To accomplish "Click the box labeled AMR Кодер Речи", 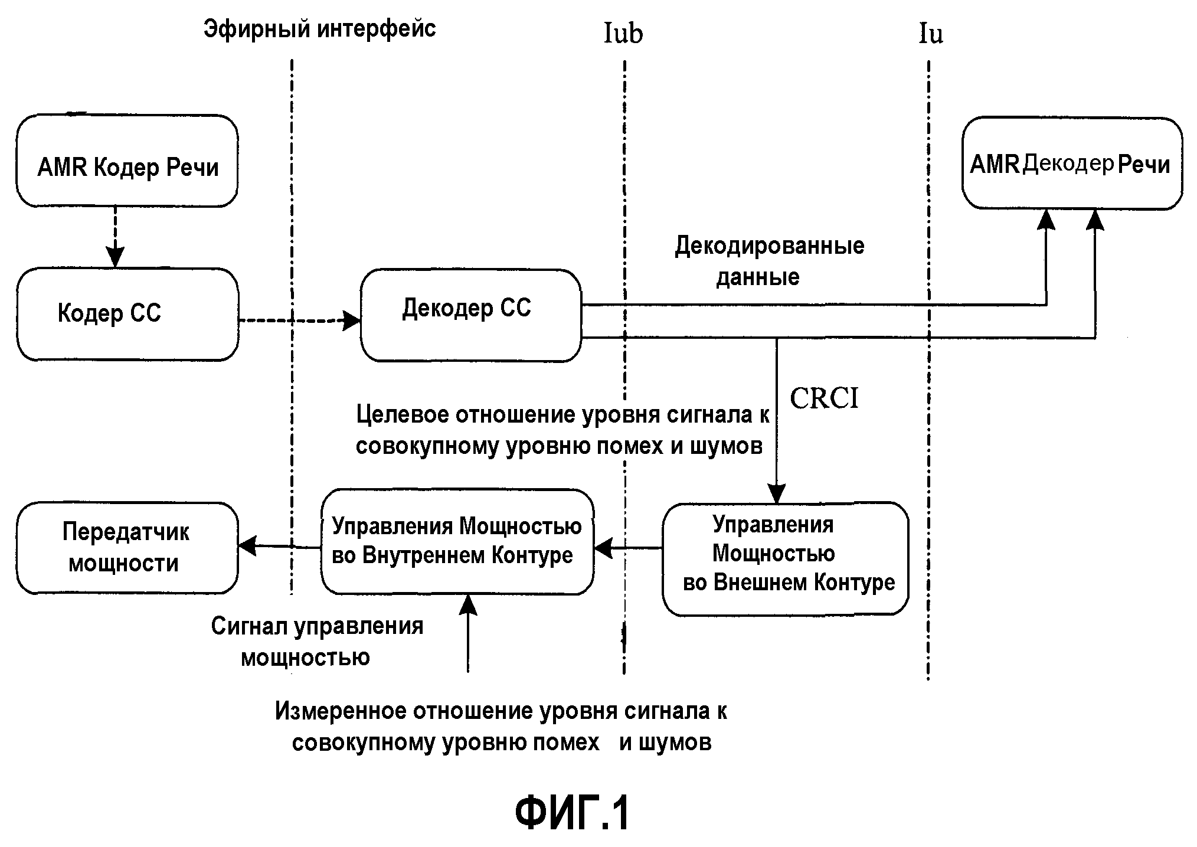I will tap(127, 161).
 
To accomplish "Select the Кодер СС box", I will tap(127, 314).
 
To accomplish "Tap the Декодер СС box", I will tap(470, 315).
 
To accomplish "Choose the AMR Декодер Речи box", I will tap(1072, 163).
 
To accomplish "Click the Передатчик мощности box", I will tap(127, 548).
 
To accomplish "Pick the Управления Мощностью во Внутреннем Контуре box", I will tap(457, 541).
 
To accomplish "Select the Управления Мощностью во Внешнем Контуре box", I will tap(785, 558).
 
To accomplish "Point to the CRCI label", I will tap(824, 398).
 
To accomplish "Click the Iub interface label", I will tap(623, 33).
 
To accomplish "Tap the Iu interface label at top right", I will tap(931, 33).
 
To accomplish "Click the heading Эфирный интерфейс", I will tap(319, 29).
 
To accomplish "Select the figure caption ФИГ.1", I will tap(572, 813).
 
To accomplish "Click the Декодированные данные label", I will tap(769, 260).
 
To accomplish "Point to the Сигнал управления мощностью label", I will tap(317, 641).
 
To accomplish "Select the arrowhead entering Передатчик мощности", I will tap(247, 546).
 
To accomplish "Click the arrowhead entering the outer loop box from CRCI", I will tap(776, 493).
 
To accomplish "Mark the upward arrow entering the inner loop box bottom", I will tap(468, 632).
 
